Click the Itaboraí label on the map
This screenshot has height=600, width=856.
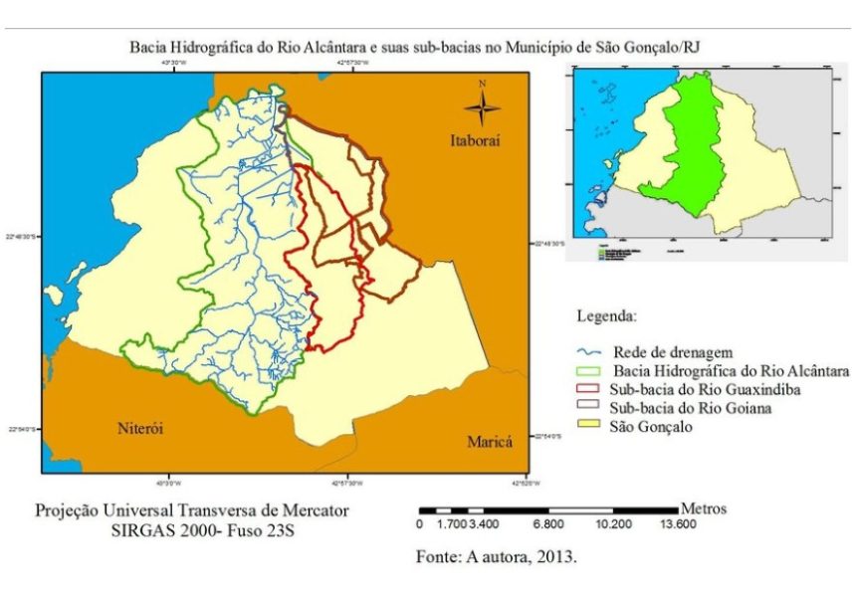click(x=473, y=142)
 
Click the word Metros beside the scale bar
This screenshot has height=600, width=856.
click(x=703, y=508)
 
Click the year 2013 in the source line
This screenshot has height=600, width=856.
click(x=555, y=557)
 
